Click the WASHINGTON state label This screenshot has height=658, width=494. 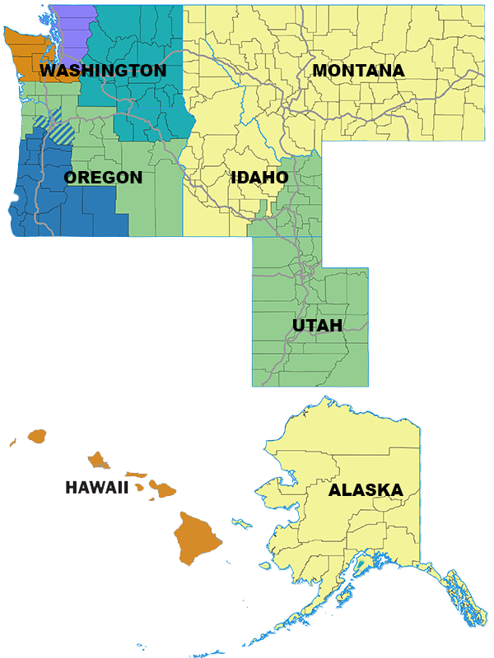103,71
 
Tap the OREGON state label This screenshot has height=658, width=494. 103,178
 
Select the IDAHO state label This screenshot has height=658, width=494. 259,178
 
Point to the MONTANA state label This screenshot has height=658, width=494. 358,71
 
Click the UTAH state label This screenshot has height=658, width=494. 317,326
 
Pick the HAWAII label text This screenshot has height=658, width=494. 96,489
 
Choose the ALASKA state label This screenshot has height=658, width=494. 366,490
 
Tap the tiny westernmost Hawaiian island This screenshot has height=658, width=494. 12,443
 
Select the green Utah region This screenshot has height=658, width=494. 309,354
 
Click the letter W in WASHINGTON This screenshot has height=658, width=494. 49,71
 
